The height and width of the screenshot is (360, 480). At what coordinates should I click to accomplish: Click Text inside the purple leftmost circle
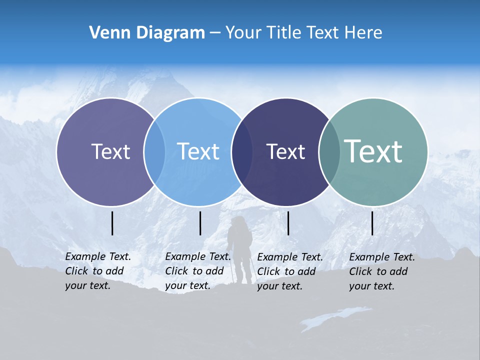click(x=110, y=151)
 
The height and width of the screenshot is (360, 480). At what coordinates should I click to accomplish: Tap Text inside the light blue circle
click(x=198, y=151)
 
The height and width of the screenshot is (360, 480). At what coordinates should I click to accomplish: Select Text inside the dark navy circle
click(x=285, y=151)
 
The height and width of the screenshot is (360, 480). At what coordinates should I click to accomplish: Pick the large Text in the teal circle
click(x=373, y=151)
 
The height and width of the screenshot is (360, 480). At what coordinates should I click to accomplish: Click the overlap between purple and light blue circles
click(x=154, y=151)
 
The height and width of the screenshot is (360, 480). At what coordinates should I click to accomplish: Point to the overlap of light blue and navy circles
click(x=242, y=151)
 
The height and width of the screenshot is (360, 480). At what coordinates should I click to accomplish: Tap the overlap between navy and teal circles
click(x=329, y=151)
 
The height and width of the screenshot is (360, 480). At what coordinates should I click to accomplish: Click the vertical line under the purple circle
click(x=112, y=223)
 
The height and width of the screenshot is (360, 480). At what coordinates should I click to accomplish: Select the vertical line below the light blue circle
click(x=200, y=223)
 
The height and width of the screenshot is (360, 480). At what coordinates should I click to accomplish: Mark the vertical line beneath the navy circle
click(x=288, y=223)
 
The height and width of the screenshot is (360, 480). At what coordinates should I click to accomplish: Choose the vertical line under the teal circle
click(x=372, y=223)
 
